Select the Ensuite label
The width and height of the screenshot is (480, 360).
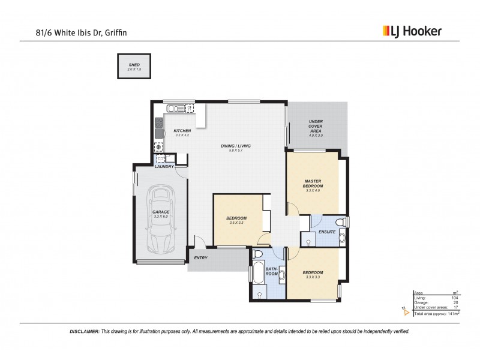tap(326, 232)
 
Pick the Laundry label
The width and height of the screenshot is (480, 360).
tap(164, 166)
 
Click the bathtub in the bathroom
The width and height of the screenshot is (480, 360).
tap(257, 274)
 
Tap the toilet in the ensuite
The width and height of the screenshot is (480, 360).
tap(340, 223)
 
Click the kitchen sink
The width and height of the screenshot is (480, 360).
tap(175, 109)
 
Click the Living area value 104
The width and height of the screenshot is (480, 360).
tap(455, 298)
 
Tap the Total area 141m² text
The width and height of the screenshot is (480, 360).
tap(436, 313)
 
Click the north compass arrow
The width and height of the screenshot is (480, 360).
tap(406, 311)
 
